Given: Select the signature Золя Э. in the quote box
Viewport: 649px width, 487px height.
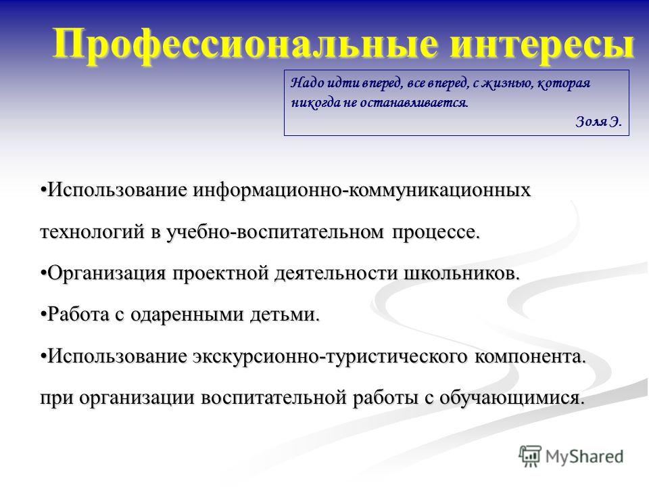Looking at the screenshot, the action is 598,121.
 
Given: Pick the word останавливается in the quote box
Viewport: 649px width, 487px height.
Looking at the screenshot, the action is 414,102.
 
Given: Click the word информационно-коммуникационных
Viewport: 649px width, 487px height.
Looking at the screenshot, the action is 362,191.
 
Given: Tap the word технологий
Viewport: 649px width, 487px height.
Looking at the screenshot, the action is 93,232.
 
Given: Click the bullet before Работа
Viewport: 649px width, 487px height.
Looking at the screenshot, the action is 43,315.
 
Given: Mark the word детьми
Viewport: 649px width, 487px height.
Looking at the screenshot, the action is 285,315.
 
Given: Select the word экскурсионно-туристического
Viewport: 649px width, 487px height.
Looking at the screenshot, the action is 330,356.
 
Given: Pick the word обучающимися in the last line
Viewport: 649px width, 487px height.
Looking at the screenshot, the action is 512,398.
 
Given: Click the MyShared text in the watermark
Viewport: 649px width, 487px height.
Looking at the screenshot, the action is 585,457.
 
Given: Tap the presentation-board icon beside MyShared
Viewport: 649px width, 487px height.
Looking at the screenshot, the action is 530,457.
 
